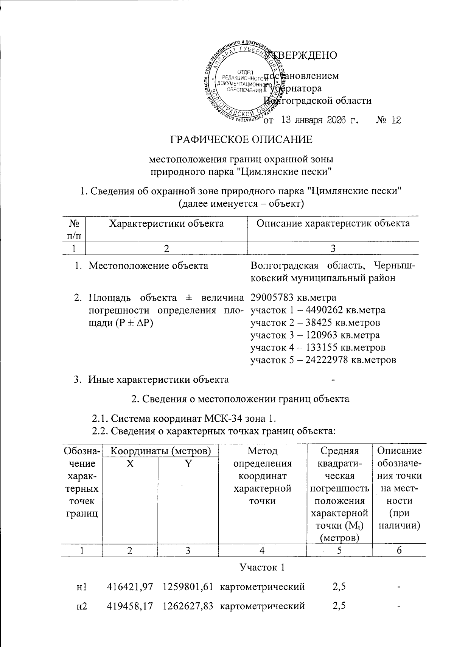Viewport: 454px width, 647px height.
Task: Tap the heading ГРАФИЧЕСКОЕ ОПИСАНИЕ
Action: coord(242,140)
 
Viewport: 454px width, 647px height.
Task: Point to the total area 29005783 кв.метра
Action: coord(293,297)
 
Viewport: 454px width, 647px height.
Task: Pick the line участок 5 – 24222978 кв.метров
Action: coord(323,360)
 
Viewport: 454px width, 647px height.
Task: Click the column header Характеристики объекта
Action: coord(166,223)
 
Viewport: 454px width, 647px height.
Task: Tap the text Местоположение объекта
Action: coord(148,265)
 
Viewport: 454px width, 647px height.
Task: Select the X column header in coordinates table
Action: coord(130,464)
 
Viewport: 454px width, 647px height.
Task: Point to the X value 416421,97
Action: coord(130,587)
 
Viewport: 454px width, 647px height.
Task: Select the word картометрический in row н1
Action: coord(263,587)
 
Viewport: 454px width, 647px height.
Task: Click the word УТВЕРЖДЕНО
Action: coord(301,55)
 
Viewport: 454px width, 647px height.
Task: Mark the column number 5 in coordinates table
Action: coord(339,550)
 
